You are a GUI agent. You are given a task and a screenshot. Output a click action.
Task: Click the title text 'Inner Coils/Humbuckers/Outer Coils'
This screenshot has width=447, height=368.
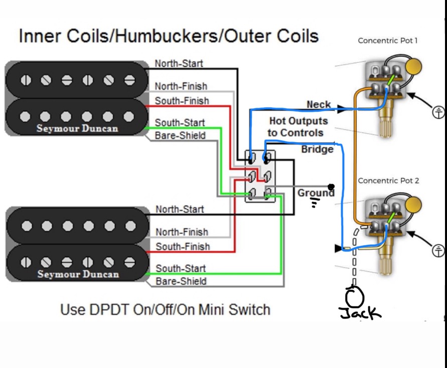(169, 36)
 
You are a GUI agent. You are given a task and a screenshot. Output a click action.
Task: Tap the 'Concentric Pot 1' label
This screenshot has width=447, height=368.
(388, 41)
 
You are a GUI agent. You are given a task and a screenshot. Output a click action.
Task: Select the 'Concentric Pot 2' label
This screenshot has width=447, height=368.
(388, 181)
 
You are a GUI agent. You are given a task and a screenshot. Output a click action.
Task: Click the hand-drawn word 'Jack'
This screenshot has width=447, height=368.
(360, 313)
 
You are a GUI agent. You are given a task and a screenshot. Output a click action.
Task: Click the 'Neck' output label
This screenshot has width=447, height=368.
(319, 104)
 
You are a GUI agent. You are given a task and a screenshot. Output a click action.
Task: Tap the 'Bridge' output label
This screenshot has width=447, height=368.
(317, 149)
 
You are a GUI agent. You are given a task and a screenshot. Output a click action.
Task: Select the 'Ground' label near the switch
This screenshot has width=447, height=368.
(316, 193)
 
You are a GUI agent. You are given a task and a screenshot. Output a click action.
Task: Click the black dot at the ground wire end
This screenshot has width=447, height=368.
(331, 187)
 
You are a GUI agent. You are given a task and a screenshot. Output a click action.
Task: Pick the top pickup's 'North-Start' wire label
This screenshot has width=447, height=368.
(179, 63)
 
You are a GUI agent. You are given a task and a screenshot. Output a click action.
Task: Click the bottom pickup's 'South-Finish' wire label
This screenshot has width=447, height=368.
(183, 247)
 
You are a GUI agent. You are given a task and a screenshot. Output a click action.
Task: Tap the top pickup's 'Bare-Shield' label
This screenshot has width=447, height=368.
(180, 135)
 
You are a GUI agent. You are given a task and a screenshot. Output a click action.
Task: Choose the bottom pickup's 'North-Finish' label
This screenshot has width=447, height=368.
(182, 232)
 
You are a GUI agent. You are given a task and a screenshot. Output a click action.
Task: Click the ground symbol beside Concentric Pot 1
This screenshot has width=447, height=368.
(438, 112)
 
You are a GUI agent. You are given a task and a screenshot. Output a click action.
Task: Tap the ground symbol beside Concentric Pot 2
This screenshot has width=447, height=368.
(438, 251)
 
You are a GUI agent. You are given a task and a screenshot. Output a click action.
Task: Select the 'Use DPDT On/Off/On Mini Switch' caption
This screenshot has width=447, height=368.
(166, 310)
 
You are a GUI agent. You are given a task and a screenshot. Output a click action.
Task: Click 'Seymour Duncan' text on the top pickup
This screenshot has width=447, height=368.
(77, 129)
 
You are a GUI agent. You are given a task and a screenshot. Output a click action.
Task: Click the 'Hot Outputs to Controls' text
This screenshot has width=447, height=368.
(297, 127)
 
